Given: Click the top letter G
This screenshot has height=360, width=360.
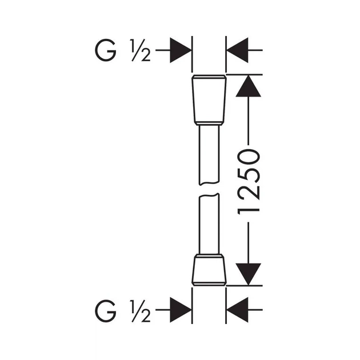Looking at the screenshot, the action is (106, 50).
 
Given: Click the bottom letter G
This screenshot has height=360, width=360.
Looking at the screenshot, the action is (106, 311).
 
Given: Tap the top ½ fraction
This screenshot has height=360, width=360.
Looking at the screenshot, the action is (140, 50).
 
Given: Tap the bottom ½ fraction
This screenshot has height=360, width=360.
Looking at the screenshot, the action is (140, 311).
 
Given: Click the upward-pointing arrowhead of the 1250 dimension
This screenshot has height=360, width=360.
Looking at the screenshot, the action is (248, 86).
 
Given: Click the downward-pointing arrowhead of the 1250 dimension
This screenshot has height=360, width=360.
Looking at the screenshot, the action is (248, 274).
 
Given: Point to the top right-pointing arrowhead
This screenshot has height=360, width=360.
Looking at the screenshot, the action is (181, 50).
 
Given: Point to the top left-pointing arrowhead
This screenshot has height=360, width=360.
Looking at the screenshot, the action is (237, 50).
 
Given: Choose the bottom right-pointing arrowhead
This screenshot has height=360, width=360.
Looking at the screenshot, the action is (181, 310).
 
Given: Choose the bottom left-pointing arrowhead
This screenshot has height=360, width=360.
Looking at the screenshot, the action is (237, 310).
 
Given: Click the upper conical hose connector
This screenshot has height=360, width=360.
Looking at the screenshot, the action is (209, 100).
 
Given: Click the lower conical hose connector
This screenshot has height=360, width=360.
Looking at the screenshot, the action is (209, 270).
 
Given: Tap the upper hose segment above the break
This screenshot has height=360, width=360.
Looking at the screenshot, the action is (209, 155).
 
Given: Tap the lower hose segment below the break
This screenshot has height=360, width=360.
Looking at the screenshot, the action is (209, 224).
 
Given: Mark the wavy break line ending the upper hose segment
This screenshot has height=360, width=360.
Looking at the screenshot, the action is (209, 183).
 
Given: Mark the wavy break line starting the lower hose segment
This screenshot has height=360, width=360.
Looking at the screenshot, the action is (209, 195).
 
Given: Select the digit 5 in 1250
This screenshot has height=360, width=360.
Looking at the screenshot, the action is (249, 175).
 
